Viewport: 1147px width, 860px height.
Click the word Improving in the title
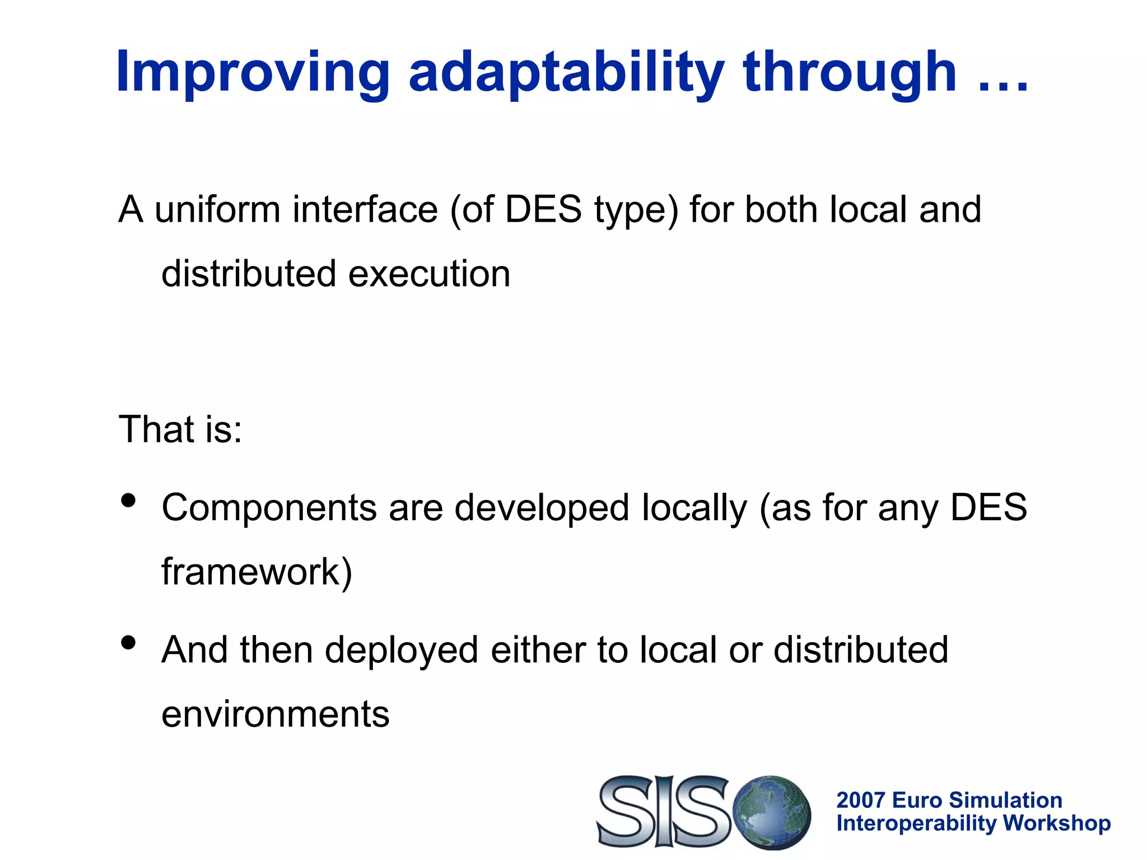pos(252,73)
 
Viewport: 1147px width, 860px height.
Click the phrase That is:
pos(180,429)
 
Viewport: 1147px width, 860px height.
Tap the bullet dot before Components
pos(128,500)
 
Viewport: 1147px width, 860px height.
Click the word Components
pos(269,508)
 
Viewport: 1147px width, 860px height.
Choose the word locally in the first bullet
pos(694,508)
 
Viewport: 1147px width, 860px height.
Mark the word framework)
pos(257,572)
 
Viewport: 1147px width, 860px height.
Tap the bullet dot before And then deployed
pos(128,642)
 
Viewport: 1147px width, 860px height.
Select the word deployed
pos(401,651)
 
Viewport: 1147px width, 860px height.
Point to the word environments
pos(275,714)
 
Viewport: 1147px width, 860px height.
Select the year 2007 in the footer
pos(860,800)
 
